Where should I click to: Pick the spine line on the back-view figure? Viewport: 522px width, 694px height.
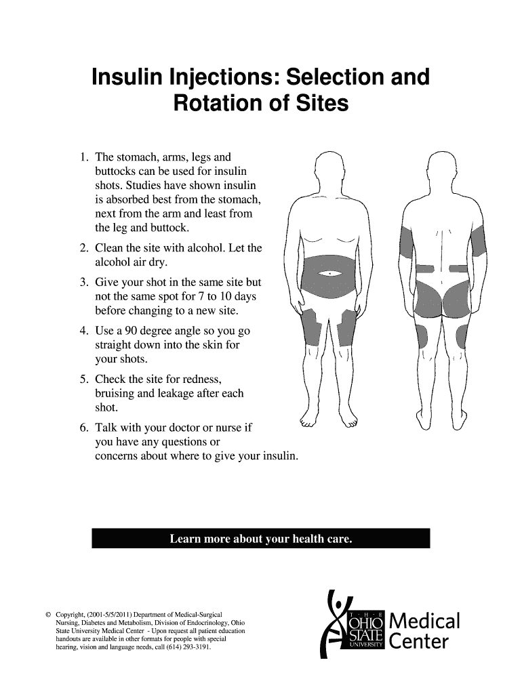(441, 251)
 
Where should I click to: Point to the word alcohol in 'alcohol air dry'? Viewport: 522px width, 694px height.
(115, 262)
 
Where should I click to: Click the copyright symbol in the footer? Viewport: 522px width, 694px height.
(47, 614)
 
